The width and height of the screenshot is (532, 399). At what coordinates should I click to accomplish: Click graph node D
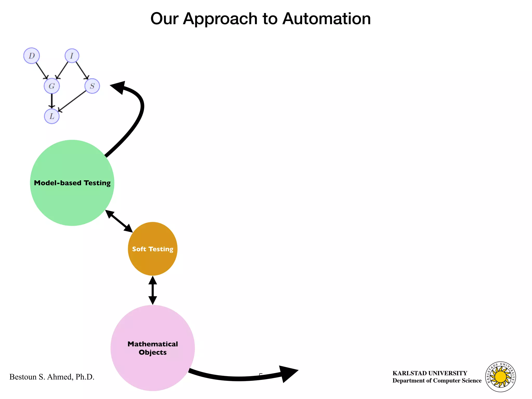click(x=31, y=56)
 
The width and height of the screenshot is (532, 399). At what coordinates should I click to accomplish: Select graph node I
click(x=72, y=56)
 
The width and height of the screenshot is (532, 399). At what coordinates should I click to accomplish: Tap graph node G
click(x=52, y=86)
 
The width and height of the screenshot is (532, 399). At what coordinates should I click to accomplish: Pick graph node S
click(x=92, y=86)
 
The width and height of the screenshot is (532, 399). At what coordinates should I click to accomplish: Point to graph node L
click(x=52, y=116)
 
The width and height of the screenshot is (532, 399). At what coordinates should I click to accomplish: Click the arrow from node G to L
click(x=52, y=101)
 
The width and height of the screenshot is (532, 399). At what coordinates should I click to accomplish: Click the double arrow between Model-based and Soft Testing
click(x=119, y=221)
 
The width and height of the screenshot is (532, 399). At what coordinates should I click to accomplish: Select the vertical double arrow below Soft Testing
click(x=153, y=290)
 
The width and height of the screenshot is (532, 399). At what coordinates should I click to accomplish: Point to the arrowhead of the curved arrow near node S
click(x=118, y=87)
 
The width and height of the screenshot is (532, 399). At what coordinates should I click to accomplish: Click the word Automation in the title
click(x=326, y=19)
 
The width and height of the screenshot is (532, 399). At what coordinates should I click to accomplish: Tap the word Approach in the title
click(x=220, y=19)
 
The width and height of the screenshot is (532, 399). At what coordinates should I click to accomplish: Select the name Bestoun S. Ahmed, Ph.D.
click(x=52, y=377)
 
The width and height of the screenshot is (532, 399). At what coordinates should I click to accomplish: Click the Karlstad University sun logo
click(x=500, y=377)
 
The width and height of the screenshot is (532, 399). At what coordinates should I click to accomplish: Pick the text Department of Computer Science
click(x=437, y=381)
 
